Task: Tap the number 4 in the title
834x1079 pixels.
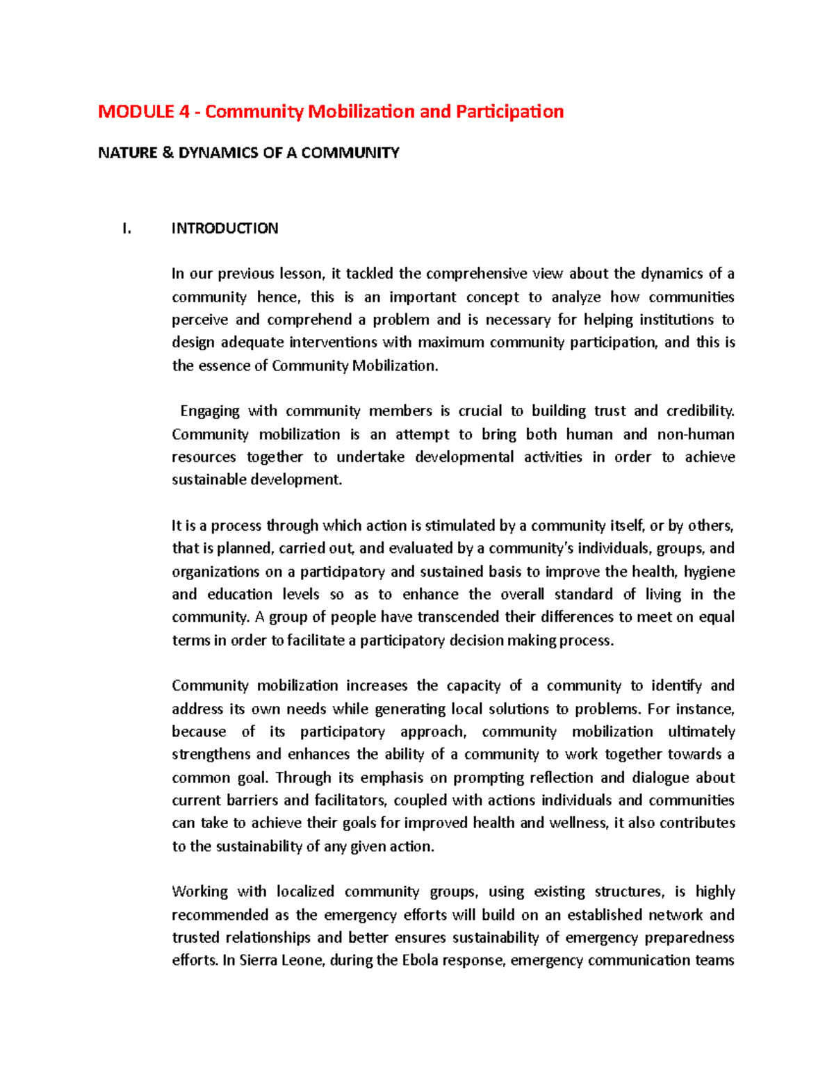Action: point(184,112)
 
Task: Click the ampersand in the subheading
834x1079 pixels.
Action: point(167,153)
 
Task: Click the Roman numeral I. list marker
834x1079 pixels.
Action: point(126,229)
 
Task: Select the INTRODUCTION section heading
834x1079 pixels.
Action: point(224,229)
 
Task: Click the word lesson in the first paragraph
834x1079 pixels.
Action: point(301,274)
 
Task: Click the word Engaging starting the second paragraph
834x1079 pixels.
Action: point(209,411)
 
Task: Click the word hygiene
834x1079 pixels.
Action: point(710,572)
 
